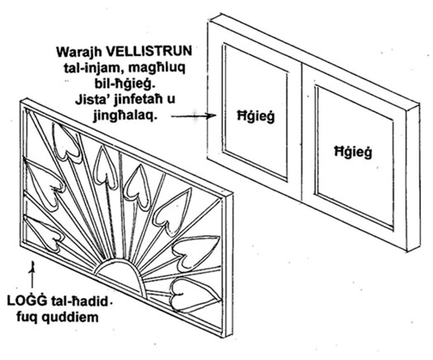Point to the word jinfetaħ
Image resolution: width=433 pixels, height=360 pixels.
[134, 99]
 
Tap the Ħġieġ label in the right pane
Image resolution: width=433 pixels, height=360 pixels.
[353, 152]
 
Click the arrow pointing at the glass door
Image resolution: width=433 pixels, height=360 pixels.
[194, 116]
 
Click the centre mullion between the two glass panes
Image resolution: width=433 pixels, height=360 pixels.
[303, 130]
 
